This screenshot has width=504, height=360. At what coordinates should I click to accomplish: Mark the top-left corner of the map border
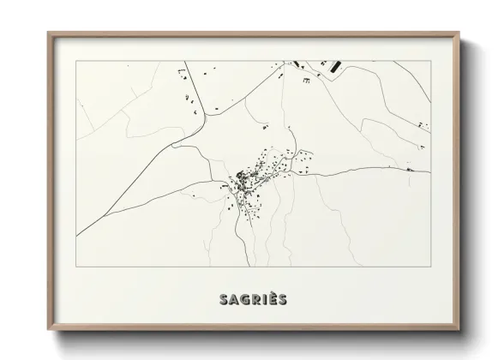pos(76,61)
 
